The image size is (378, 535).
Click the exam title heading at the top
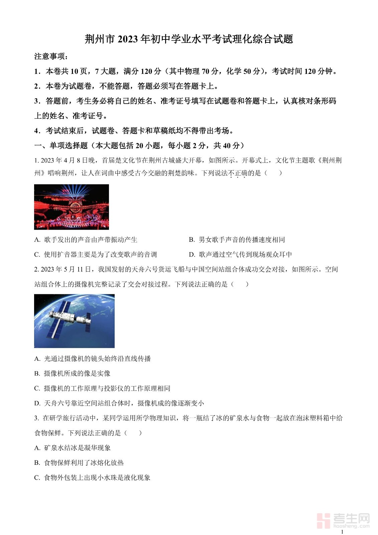click(x=189, y=39)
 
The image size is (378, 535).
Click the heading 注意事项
click(x=51, y=56)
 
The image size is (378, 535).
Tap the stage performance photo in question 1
click(x=72, y=207)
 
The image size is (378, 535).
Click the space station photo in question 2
click(x=74, y=321)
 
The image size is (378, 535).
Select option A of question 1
click(x=86, y=239)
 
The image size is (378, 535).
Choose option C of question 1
click(x=96, y=254)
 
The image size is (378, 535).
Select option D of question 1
click(x=240, y=254)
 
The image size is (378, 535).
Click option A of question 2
click(x=93, y=358)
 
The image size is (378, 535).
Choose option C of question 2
click(x=102, y=388)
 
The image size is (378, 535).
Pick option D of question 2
click(x=119, y=403)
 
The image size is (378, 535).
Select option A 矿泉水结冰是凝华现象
click(x=73, y=448)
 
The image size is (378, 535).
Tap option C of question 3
click(x=92, y=477)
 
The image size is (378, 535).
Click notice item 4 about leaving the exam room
click(x=134, y=131)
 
